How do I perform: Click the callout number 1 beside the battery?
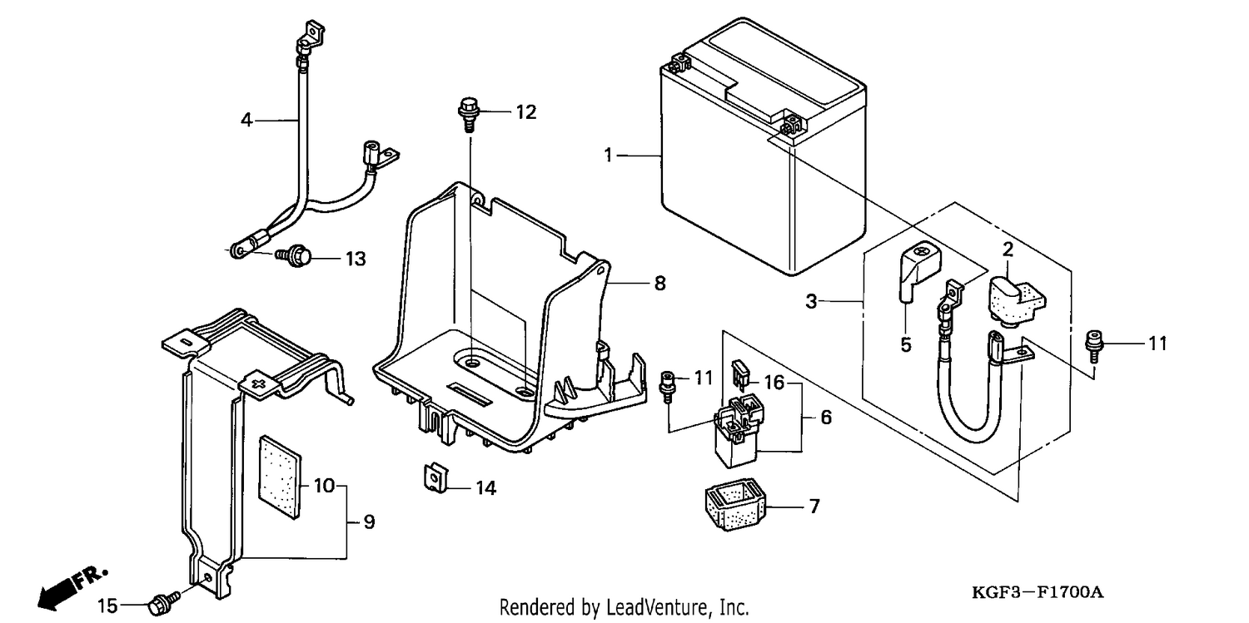[609, 156]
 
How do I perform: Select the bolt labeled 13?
[295, 255]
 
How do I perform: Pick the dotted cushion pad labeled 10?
[280, 477]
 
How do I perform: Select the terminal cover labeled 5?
[919, 270]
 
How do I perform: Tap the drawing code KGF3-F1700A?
[1038, 593]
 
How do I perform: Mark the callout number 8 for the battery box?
[659, 284]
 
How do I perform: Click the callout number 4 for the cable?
[246, 120]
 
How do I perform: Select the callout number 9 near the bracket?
[369, 522]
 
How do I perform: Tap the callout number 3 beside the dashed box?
[811, 302]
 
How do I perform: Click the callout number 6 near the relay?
[826, 417]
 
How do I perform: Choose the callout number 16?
[774, 383]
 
